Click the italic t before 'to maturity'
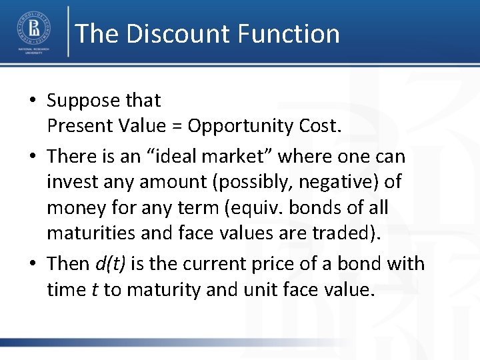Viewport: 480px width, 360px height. click(x=95, y=289)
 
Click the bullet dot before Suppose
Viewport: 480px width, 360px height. click(x=33, y=101)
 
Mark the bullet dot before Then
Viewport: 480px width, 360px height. click(x=33, y=264)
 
